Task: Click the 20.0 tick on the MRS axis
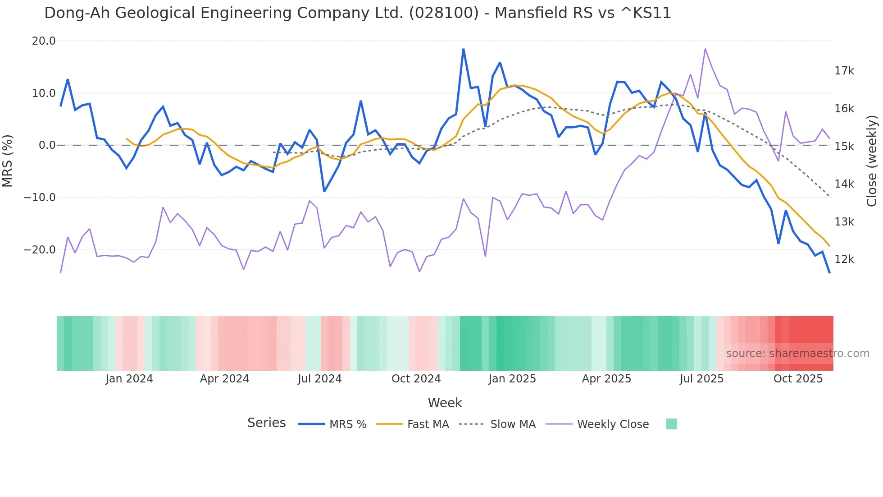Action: pyautogui.click(x=44, y=41)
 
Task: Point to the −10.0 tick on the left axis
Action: pyautogui.click(x=40, y=198)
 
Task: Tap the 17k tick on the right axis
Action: pyautogui.click(x=844, y=71)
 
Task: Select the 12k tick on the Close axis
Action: pyautogui.click(x=844, y=259)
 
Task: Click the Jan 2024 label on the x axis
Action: pyautogui.click(x=129, y=379)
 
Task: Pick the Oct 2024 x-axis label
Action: pyautogui.click(x=416, y=379)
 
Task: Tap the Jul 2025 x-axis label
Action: pyautogui.click(x=701, y=379)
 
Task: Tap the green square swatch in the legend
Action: pyautogui.click(x=671, y=424)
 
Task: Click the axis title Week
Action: pyautogui.click(x=445, y=403)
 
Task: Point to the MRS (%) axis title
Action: pyautogui.click(x=8, y=161)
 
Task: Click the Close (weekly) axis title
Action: pyautogui.click(x=872, y=161)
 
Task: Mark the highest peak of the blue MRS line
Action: pyautogui.click(x=463, y=49)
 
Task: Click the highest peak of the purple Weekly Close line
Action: pyautogui.click(x=705, y=49)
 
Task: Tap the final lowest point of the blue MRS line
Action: pyautogui.click(x=829, y=272)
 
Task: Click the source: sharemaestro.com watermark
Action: pyautogui.click(x=797, y=354)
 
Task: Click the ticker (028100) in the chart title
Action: pyautogui.click(x=444, y=13)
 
